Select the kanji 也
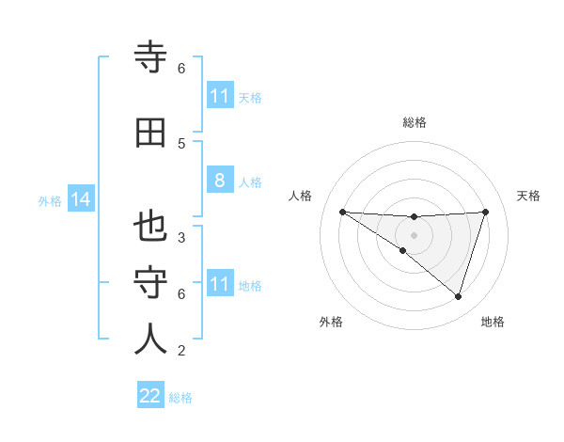(151, 227)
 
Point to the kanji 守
(151, 283)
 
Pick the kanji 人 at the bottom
(151, 339)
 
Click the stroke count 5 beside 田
(181, 143)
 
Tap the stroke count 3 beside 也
(181, 237)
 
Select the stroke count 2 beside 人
(181, 351)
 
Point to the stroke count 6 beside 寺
(181, 69)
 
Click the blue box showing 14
(80, 199)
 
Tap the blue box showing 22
(150, 396)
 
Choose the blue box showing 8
(219, 181)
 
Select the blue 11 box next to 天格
(219, 96)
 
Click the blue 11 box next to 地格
(219, 284)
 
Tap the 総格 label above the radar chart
(414, 122)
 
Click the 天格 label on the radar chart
(528, 196)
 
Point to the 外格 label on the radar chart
(331, 322)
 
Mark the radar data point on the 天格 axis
(485, 212)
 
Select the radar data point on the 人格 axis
(342, 212)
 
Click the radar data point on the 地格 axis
(458, 296)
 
